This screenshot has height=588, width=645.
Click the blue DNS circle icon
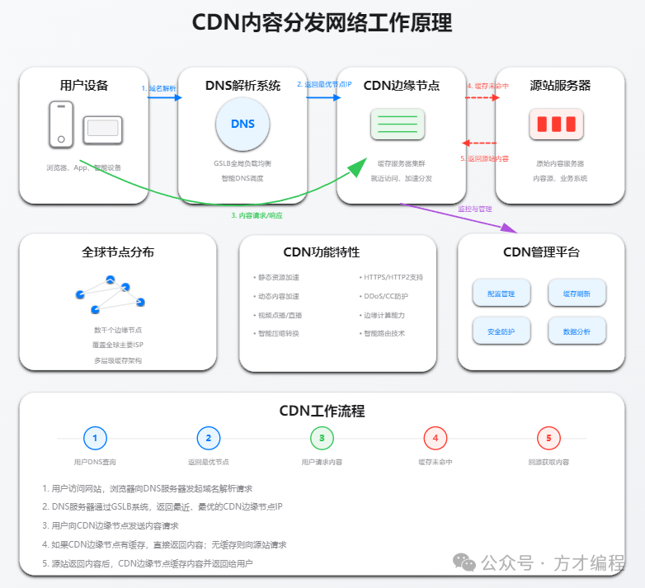(242, 125)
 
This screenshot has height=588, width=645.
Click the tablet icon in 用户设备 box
(102, 128)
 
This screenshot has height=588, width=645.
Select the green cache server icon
(397, 125)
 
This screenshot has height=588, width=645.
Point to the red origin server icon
(556, 125)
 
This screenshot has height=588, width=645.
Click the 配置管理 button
(501, 293)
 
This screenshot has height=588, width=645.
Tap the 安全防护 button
(501, 331)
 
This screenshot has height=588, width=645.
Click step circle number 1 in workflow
(95, 438)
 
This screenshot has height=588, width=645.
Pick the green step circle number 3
(322, 438)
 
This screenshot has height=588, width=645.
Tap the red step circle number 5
(548, 438)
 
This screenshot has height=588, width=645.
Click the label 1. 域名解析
(158, 88)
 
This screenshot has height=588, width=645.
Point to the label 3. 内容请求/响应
(256, 215)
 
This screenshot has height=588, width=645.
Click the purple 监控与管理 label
(474, 209)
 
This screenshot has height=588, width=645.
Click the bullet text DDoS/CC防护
(386, 296)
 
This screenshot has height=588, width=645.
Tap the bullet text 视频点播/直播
(278, 315)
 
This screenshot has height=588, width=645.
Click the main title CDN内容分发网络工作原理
(322, 22)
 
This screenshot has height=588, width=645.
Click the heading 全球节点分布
(118, 252)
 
